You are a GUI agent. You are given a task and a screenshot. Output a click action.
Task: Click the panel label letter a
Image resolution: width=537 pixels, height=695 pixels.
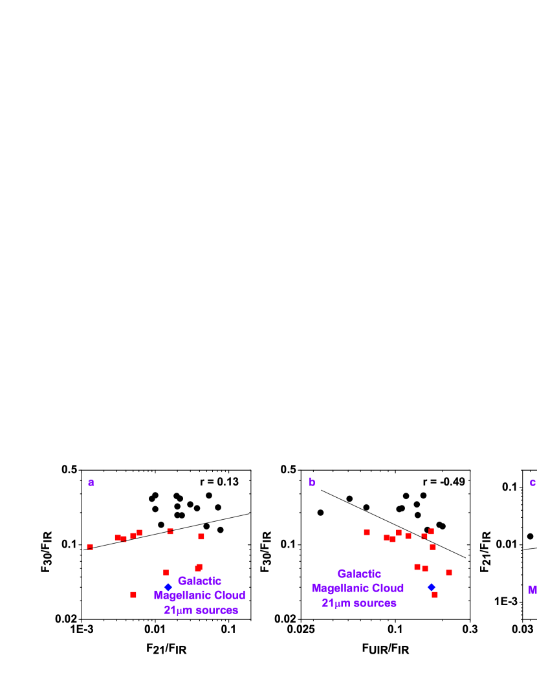click(x=91, y=482)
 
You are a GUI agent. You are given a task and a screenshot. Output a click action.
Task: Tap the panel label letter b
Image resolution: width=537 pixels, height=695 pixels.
click(x=312, y=482)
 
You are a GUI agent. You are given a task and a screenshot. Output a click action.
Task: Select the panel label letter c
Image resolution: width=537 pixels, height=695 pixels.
click(x=532, y=482)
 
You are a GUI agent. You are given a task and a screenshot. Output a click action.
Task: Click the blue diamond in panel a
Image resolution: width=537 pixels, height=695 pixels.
click(x=168, y=587)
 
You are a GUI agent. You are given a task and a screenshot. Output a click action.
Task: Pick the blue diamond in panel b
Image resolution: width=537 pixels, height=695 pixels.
click(x=432, y=587)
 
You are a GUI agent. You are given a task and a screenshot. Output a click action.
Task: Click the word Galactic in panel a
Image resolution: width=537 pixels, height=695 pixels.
click(x=199, y=581)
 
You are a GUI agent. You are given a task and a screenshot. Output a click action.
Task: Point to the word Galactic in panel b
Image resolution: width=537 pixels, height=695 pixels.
click(x=359, y=573)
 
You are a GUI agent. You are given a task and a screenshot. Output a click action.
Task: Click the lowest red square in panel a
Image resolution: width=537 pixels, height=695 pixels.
click(x=133, y=595)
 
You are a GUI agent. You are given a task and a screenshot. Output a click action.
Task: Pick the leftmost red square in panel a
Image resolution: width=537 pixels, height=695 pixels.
click(x=90, y=547)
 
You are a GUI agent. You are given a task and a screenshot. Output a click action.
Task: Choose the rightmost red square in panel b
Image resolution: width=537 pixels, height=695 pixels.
click(x=449, y=572)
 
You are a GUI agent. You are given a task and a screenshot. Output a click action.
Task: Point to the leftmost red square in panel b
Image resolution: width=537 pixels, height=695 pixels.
click(x=367, y=532)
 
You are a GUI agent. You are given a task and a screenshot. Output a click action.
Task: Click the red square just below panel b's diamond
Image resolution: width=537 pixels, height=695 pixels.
click(x=435, y=595)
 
